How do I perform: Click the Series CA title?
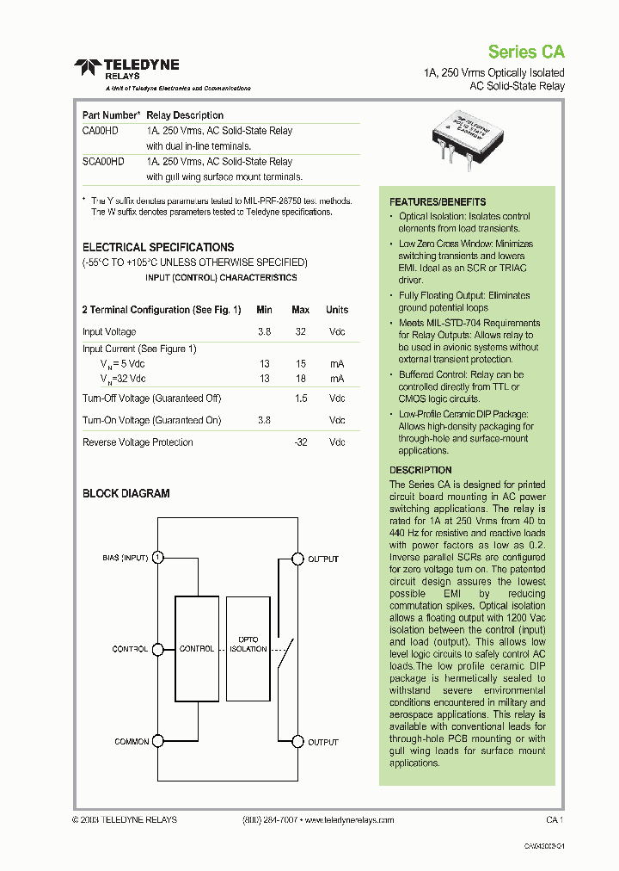526,52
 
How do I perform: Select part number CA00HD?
100,131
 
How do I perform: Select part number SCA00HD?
103,162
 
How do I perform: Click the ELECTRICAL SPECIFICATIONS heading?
158,247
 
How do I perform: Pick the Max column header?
300,310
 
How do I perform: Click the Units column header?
337,310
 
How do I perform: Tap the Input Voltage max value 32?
301,332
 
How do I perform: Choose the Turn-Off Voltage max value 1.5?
301,398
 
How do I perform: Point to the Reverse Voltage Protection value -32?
300,442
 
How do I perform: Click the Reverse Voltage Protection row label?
138,442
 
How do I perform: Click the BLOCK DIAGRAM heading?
126,494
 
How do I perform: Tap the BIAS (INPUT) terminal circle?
158,558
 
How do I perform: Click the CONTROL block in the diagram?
196,648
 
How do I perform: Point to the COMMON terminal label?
132,742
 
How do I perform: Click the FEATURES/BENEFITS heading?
438,202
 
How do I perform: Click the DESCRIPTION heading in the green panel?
420,471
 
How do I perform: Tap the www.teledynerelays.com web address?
349,820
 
